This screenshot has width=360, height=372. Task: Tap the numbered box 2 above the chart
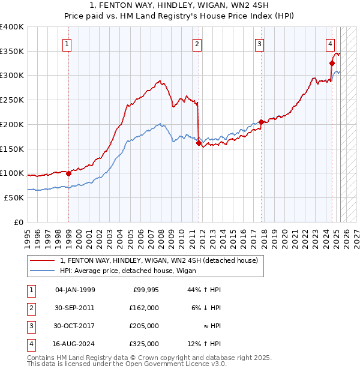[x=197, y=43]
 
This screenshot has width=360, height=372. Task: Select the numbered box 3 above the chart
[x=259, y=43]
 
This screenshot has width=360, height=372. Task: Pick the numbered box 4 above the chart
[x=331, y=43]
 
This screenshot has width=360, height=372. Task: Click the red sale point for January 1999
[x=68, y=174]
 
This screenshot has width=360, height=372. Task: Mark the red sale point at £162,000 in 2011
[x=199, y=143]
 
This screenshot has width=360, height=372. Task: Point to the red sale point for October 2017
[x=261, y=122]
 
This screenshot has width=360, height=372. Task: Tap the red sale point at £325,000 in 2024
[x=332, y=62]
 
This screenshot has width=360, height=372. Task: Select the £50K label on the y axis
[x=14, y=197]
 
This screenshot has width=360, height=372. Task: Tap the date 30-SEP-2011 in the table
[x=74, y=307]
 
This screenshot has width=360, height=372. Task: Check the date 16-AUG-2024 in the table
[x=74, y=344]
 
